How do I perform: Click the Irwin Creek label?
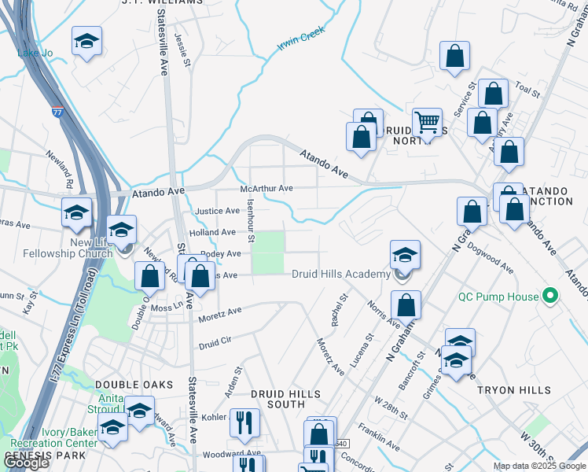pos(301,40)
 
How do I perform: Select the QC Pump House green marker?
pos(551,297)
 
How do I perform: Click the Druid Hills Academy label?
pos(341,274)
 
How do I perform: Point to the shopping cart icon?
pos(427,124)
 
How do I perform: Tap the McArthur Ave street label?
pos(266,189)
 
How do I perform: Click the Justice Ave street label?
pos(217,211)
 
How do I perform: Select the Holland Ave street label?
pos(211,233)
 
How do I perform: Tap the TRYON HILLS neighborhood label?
pos(516,391)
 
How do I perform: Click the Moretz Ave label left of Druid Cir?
pos(220,312)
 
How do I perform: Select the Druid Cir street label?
pos(215,342)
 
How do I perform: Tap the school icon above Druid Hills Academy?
pos(405,255)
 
